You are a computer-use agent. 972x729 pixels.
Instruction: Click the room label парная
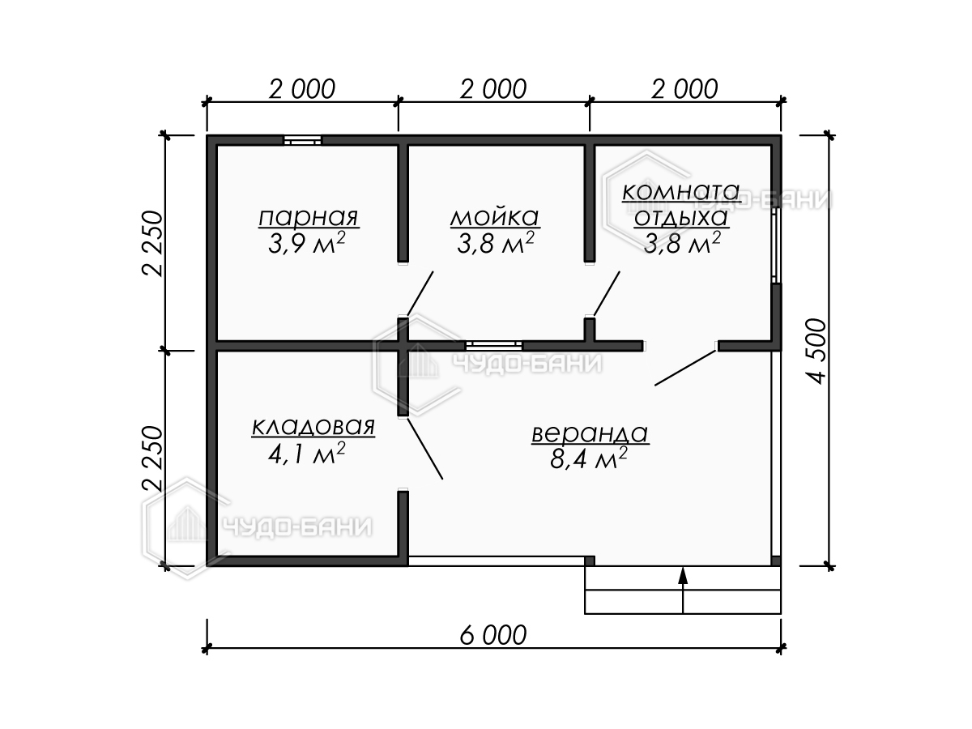pyautogui.click(x=309, y=217)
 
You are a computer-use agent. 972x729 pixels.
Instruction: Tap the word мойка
pyautogui.click(x=495, y=217)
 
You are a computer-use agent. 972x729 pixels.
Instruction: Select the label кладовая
pyautogui.click(x=313, y=426)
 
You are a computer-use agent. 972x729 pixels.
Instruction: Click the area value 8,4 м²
pyautogui.click(x=589, y=458)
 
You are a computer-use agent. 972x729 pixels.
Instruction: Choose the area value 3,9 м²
pyautogui.click(x=306, y=243)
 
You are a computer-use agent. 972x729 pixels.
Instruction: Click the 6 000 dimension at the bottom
pyautogui.click(x=492, y=635)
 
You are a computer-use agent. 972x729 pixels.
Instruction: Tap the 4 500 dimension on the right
pyautogui.click(x=816, y=351)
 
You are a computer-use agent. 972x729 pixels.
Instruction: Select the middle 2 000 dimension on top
pyautogui.click(x=492, y=89)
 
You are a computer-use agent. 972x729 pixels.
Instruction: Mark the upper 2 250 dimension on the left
pyautogui.click(x=153, y=244)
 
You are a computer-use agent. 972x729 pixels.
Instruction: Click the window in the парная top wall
pyautogui.click(x=302, y=140)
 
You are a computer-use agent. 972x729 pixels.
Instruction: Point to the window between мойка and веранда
pyautogui.click(x=494, y=346)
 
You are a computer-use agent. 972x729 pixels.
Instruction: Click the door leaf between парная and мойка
pyautogui.click(x=420, y=293)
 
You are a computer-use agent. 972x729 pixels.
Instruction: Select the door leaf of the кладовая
pyautogui.click(x=424, y=449)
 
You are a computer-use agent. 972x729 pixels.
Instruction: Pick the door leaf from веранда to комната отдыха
pyautogui.click(x=685, y=368)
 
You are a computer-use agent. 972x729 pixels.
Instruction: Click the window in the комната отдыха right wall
pyautogui.click(x=775, y=245)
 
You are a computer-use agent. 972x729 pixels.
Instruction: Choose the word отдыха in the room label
pyautogui.click(x=680, y=217)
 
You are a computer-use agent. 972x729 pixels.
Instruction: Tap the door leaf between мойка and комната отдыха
pyautogui.click(x=607, y=293)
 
